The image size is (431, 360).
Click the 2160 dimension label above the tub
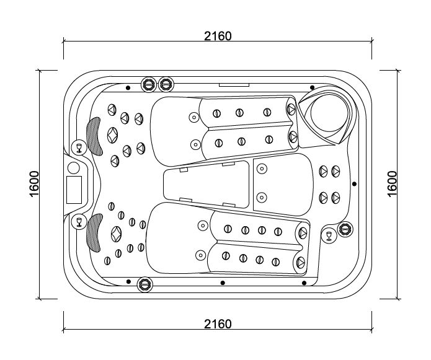pos(218,36)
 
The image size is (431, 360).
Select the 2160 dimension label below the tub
pos(218,324)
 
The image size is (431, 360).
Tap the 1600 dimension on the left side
pos(35,184)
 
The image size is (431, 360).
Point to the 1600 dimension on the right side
pos(393,184)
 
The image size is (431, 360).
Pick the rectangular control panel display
pos(74,189)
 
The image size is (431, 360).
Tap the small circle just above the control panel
pos(73,167)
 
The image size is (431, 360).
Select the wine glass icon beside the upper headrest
pos(79,147)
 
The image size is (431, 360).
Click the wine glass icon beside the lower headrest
pos(79,221)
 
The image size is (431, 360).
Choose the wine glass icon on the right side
pos(329,235)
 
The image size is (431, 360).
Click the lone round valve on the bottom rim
pos(144,284)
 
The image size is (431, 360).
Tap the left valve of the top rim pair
pos(149,84)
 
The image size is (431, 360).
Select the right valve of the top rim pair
pos(166,84)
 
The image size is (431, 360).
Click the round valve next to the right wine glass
pos(345,230)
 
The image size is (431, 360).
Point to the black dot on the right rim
pos(354,183)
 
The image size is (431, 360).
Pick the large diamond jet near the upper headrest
pos(112,134)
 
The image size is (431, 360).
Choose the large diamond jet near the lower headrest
pos(116,234)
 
